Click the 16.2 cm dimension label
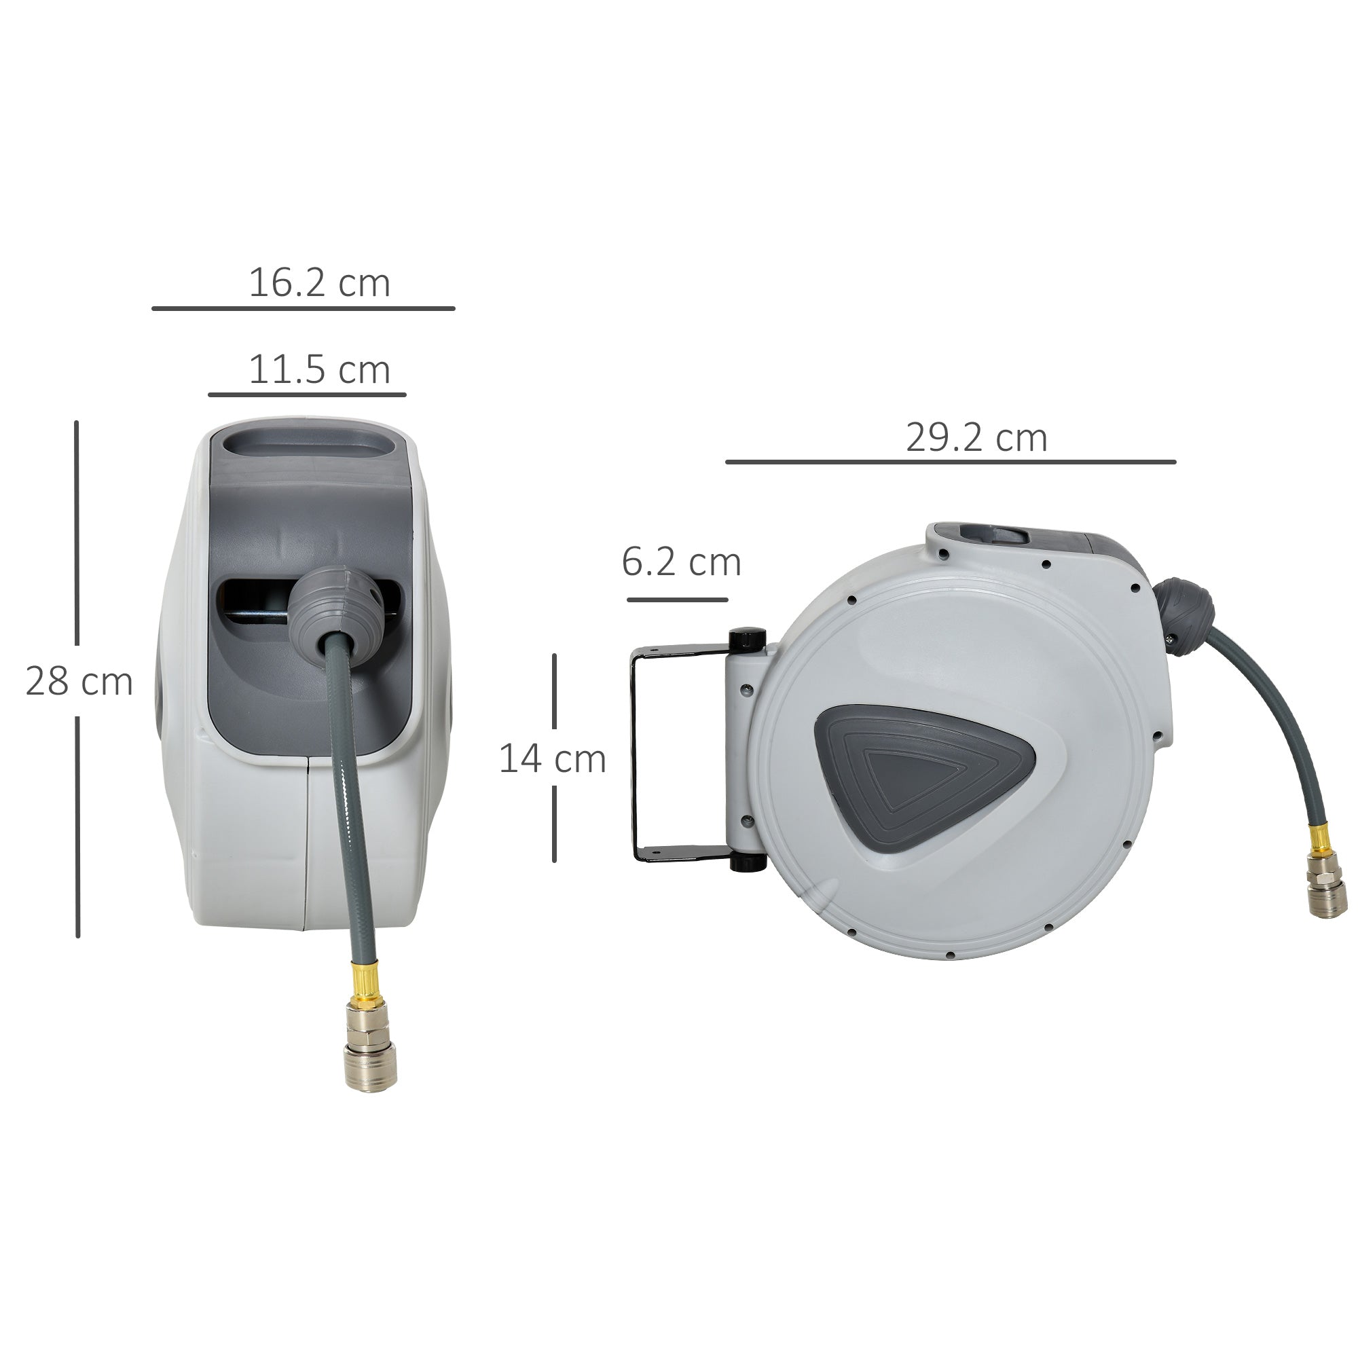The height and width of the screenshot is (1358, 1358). coord(319,283)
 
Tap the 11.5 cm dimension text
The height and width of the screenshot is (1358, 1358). coord(319,370)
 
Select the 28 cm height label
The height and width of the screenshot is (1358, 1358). coord(79,681)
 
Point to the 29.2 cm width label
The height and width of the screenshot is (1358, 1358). coord(976,438)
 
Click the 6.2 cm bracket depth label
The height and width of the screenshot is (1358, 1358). coord(681,562)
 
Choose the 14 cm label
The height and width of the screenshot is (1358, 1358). coord(552,759)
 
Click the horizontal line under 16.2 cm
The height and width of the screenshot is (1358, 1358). coord(303,308)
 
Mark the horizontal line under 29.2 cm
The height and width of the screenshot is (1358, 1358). coord(951,462)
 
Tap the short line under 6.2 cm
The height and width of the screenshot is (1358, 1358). coord(677,600)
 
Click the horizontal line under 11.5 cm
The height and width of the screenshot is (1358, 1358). coord(307,395)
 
